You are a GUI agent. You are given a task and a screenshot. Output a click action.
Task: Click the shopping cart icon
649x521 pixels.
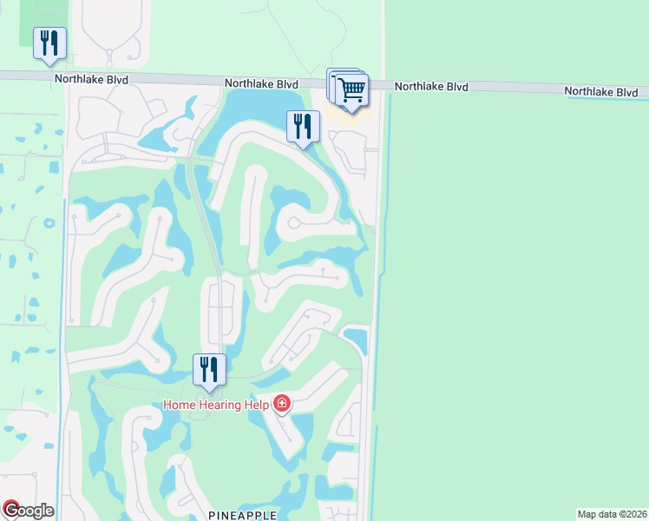point(351,89)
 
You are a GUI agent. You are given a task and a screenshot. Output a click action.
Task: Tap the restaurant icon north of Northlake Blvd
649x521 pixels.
point(49,43)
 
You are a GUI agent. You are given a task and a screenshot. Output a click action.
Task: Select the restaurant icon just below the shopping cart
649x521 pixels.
point(303,127)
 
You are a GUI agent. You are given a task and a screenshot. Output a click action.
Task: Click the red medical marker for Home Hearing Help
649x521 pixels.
point(281,404)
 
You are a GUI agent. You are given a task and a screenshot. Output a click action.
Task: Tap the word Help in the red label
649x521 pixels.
point(257,404)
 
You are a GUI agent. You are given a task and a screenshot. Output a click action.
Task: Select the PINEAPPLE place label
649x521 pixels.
point(243,515)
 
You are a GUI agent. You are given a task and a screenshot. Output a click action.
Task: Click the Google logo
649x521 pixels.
point(29,511)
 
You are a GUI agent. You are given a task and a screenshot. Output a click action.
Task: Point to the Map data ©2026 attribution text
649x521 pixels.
point(612,514)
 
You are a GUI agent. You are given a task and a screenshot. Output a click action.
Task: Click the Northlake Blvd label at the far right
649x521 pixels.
point(601,91)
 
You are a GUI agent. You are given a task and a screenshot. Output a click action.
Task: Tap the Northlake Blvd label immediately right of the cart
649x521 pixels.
point(431,87)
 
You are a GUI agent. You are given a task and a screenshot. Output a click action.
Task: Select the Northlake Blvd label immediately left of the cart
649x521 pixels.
point(261,83)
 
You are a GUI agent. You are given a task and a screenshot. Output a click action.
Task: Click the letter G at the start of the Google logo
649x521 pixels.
point(11,511)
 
